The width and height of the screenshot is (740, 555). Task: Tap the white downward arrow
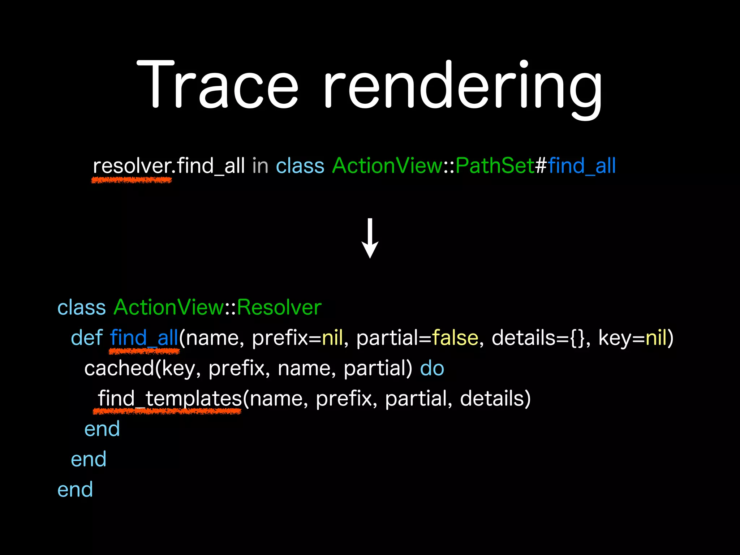[x=370, y=238]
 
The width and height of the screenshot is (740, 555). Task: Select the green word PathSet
[x=495, y=166]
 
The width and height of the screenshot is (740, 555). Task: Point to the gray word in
[x=260, y=166]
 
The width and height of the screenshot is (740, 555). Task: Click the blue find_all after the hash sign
[x=582, y=166]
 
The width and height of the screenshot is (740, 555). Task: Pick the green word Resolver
[x=279, y=307]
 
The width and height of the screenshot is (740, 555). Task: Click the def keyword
[x=87, y=338]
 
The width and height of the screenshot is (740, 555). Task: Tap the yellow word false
[x=455, y=338]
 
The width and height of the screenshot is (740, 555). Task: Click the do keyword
[x=432, y=368]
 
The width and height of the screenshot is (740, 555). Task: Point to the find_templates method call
[x=169, y=399]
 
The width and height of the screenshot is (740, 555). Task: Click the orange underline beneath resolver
[x=132, y=180]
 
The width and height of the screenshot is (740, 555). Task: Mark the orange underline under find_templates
[x=167, y=411]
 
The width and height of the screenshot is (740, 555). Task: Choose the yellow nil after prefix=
[x=332, y=338]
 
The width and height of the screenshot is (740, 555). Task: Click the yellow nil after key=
[x=656, y=338]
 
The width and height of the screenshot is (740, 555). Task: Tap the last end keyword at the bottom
[x=75, y=490]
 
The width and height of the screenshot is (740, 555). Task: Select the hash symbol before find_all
[x=541, y=166]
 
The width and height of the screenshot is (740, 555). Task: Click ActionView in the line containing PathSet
[x=387, y=166]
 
